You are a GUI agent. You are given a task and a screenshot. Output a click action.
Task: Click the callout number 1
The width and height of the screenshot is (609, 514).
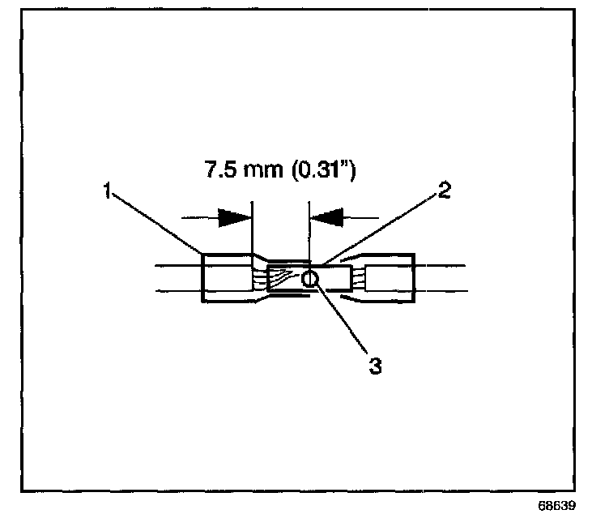pyautogui.click(x=107, y=192)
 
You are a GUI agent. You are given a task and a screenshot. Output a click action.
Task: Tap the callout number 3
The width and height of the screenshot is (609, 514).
pyautogui.click(x=374, y=366)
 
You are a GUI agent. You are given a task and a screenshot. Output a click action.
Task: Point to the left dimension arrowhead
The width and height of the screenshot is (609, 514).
pyautogui.click(x=235, y=217)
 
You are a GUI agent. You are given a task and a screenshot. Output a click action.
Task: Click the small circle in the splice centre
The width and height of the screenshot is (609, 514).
pyautogui.click(x=310, y=280)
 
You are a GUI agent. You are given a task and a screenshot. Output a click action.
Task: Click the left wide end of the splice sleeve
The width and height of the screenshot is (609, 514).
pyautogui.click(x=227, y=280)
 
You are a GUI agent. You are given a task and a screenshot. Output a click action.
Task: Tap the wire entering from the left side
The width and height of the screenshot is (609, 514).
pyautogui.click(x=174, y=280)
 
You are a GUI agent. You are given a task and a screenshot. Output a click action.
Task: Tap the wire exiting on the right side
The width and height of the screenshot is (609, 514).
pyautogui.click(x=441, y=280)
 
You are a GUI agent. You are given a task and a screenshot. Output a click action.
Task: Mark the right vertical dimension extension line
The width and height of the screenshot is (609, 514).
pyautogui.click(x=309, y=231)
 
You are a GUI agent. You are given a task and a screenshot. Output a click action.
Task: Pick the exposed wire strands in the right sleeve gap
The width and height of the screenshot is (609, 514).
pyautogui.click(x=357, y=280)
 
